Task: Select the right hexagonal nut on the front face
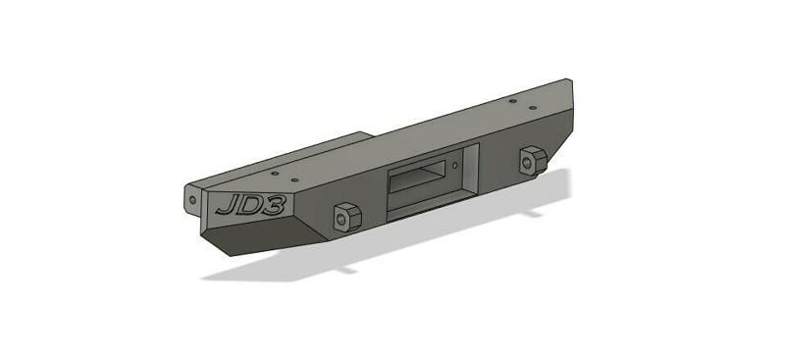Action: pos(533,160)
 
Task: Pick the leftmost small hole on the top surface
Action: pos(276,174)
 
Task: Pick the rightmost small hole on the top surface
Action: pos(533,107)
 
